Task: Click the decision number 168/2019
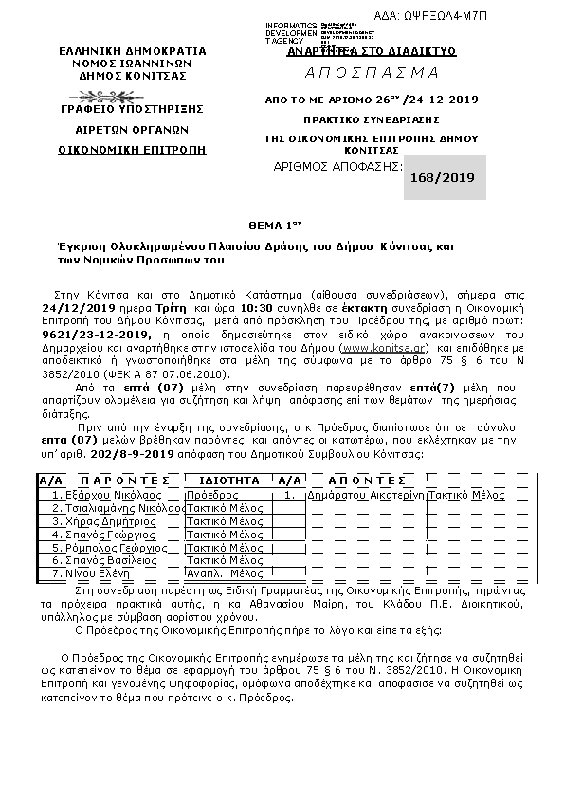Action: pyautogui.click(x=445, y=176)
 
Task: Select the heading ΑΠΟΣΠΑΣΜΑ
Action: pyautogui.click(x=372, y=73)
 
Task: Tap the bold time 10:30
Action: pyautogui.click(x=260, y=308)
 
